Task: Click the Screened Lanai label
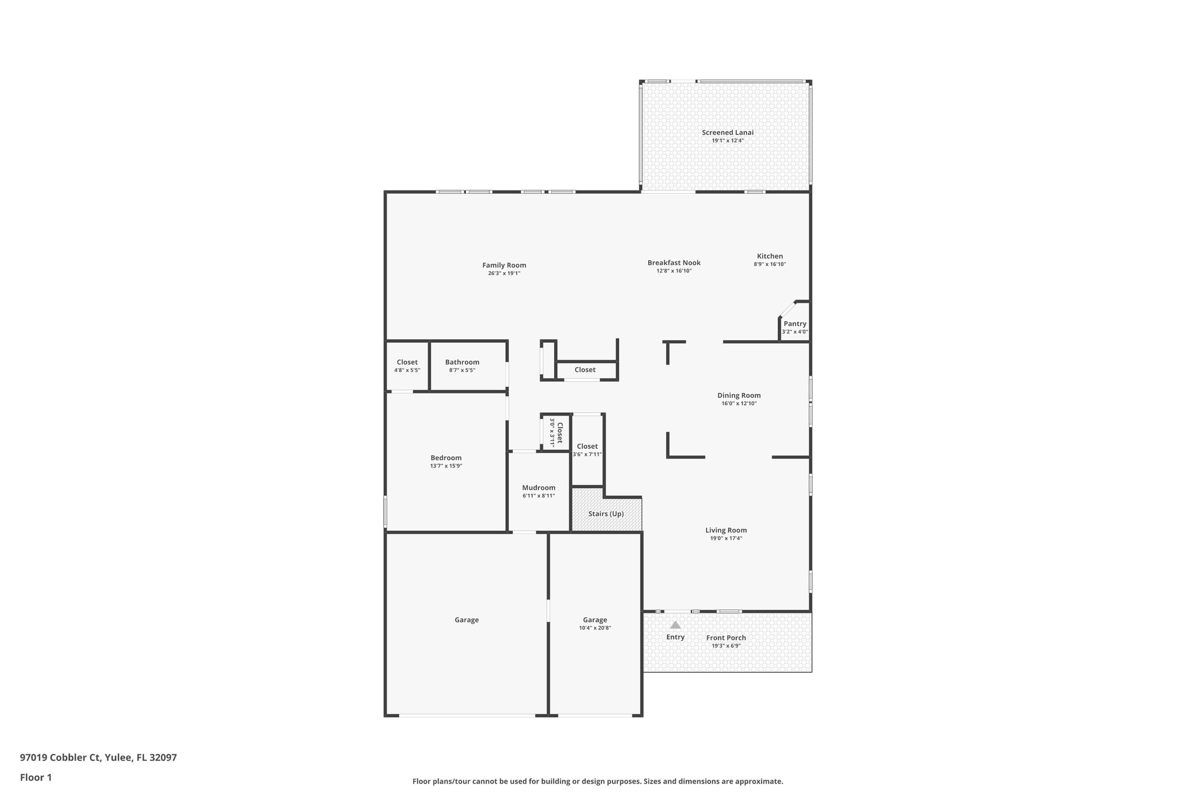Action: pos(727,133)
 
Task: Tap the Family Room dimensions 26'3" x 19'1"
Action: pos(504,273)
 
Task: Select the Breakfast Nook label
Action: pos(674,263)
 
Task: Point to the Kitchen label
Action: pos(770,256)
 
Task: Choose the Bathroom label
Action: pos(462,362)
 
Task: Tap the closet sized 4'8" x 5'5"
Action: pos(407,366)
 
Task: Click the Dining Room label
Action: pos(739,395)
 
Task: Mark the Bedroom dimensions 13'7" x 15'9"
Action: pos(446,466)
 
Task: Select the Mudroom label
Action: pos(538,488)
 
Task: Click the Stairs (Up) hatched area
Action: pos(606,514)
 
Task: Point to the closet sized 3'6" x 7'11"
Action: pos(587,450)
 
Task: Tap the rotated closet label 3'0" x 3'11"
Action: pos(556,431)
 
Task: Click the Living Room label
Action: pos(726,530)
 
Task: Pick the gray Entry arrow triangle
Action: pos(675,625)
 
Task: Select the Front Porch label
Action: pos(726,638)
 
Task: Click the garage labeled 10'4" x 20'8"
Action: pos(594,624)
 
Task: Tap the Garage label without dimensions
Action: pos(467,620)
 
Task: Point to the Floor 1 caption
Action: pos(36,777)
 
